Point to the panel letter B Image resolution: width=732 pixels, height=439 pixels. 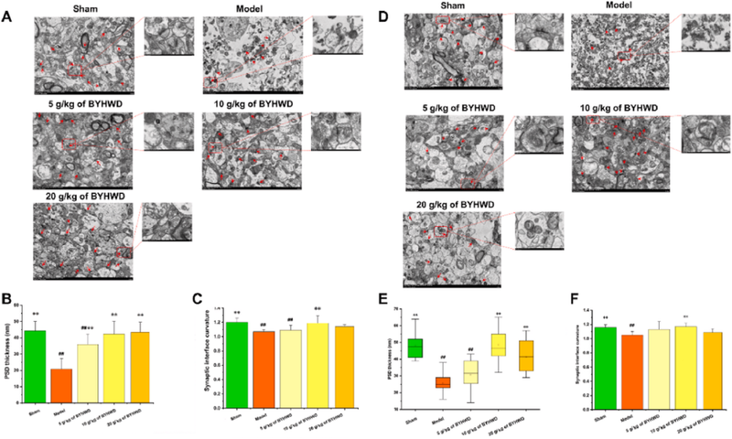[7, 297]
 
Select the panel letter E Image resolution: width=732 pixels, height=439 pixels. [377, 297]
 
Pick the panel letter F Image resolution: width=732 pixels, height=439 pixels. [560, 297]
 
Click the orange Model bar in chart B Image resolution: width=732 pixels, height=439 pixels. [61, 384]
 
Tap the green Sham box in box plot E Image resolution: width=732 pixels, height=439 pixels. [415, 348]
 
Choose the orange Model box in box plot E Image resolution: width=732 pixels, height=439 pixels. [442, 382]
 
